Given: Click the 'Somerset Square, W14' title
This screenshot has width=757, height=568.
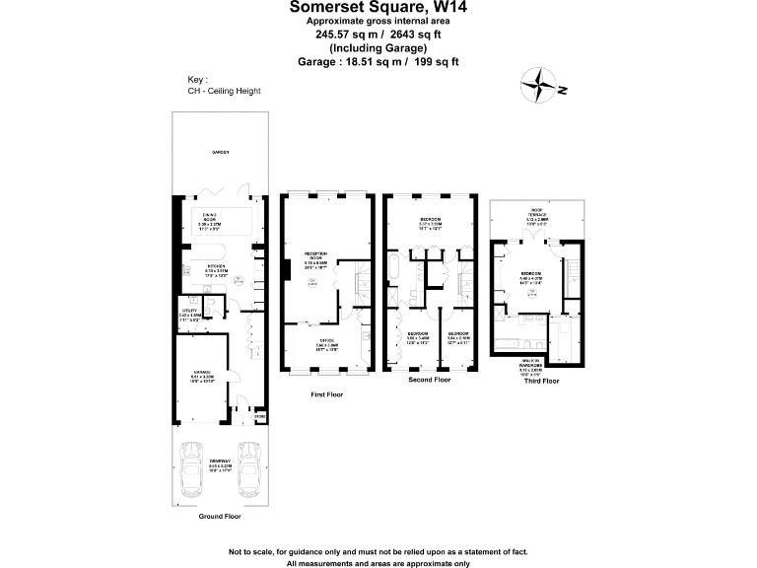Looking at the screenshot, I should click(x=378, y=7).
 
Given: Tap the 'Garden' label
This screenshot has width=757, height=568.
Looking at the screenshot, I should click(x=219, y=153).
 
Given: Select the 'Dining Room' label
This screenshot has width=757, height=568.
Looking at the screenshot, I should click(x=210, y=218).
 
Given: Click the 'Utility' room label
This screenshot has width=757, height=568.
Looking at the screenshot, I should click(x=188, y=314).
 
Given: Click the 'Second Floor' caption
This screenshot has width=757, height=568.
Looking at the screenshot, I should click(x=429, y=380).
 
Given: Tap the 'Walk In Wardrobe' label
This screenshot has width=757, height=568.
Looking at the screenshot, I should click(x=530, y=369).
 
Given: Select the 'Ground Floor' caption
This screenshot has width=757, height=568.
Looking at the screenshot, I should click(x=219, y=516).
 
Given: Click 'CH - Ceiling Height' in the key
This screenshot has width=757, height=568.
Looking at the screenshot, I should click(x=224, y=91).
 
